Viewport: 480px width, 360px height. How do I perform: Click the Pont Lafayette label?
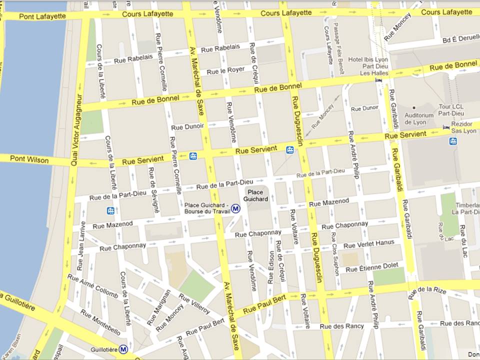(x=42, y=16)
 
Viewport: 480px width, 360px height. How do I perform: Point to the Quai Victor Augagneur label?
(x=76, y=123)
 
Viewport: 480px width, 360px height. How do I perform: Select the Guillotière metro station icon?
(x=123, y=349)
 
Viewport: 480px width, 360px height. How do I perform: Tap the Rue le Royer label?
(x=225, y=71)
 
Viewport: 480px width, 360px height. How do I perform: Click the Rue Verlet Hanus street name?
(x=369, y=244)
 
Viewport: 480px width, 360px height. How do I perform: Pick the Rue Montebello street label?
(x=100, y=323)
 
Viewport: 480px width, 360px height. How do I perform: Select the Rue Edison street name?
(x=271, y=267)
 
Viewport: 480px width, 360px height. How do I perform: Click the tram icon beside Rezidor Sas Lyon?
(x=453, y=141)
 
